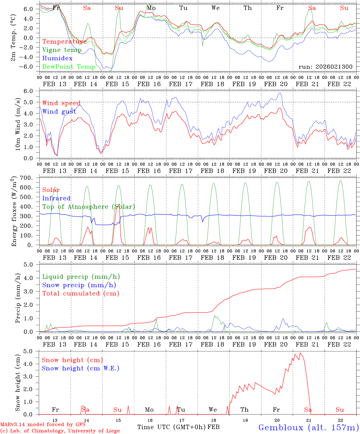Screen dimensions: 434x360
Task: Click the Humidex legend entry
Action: point(57,58)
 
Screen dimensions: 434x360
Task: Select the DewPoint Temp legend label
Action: point(69,67)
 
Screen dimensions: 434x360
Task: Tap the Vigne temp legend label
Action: point(62,50)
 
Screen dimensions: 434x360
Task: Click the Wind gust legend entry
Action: point(59,112)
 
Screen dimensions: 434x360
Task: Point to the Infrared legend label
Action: point(56,198)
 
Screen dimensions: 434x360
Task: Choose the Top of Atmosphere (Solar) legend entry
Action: point(88,207)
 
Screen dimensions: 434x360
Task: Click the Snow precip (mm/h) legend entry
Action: point(79,285)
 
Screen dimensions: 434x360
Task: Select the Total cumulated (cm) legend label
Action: point(81,293)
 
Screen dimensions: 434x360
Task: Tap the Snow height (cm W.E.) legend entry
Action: point(80,368)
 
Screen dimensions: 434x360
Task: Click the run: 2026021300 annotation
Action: point(325,67)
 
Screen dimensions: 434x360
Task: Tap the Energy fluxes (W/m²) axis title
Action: point(14,212)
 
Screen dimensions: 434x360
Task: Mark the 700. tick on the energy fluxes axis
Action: point(31,178)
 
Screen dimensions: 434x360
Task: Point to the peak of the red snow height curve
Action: point(300,353)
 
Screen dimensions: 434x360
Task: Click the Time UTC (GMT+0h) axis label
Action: point(172,427)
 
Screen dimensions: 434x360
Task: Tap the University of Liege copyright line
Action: point(60,431)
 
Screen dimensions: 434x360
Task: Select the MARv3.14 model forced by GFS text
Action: point(43,424)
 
